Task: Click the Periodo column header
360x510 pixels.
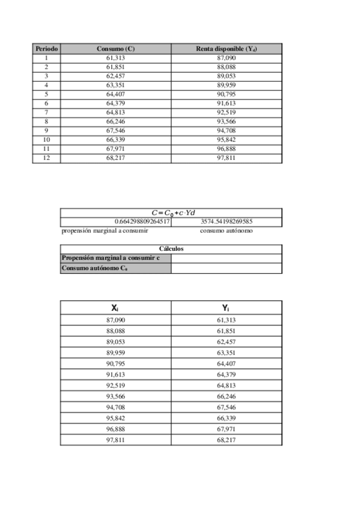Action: [46, 48]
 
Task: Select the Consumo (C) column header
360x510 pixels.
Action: [115, 48]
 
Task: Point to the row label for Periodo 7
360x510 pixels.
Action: [46, 112]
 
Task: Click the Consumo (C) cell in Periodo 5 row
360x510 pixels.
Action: [115, 94]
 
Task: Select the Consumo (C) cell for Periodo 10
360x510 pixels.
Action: [115, 140]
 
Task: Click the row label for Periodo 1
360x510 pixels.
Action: [46, 58]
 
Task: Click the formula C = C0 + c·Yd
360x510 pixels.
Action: [174, 212]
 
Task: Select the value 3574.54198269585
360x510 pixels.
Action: [226, 221]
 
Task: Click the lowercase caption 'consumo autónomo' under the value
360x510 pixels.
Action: [226, 230]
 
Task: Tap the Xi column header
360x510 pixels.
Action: [115, 308]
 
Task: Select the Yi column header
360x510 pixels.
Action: [226, 308]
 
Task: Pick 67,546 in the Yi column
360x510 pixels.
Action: [226, 407]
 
